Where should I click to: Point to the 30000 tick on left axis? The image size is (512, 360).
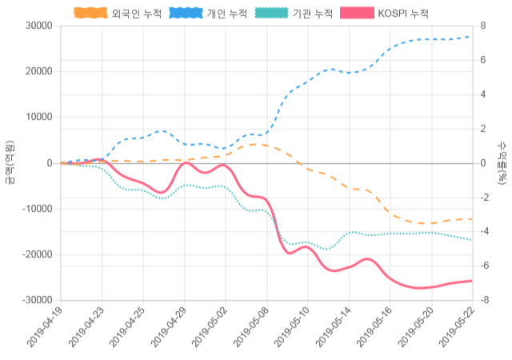point(38,26)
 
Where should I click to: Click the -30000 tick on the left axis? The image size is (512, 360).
point(37,301)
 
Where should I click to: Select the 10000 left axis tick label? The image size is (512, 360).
point(38,118)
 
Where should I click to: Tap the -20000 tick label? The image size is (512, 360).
point(37,255)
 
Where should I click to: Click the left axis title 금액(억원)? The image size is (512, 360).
point(10,163)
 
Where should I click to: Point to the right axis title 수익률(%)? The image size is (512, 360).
point(502,163)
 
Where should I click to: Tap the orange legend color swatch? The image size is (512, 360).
point(91,14)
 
